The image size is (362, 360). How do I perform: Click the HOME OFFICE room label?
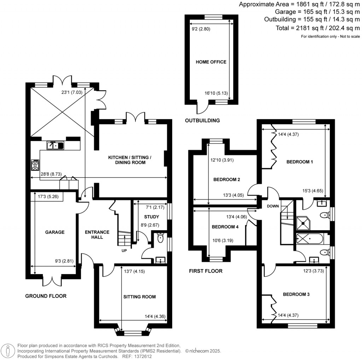point(211,62)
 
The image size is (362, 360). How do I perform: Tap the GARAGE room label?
point(54,232)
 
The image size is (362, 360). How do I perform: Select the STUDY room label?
point(151,217)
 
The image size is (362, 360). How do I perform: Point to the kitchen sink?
point(55,145)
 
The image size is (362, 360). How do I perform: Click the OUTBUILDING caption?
point(202,121)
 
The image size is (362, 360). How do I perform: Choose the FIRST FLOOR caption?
point(205,271)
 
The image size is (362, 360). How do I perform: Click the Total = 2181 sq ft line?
point(317,28)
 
